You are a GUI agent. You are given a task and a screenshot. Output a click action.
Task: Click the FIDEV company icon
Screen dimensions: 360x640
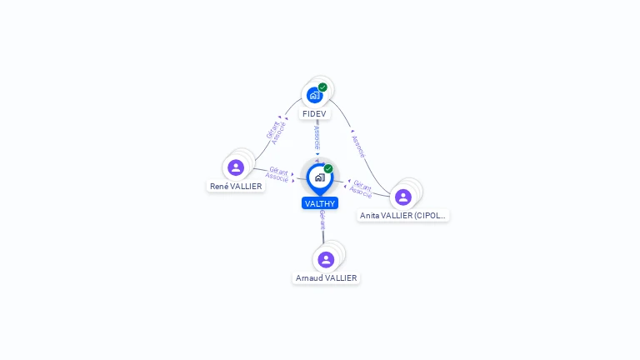coord(314,95)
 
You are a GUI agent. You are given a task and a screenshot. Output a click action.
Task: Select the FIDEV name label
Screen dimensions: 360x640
coord(314,113)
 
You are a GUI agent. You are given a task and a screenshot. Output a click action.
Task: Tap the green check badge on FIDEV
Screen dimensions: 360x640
coord(322,87)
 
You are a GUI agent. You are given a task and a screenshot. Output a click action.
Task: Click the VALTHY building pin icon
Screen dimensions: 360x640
coord(319,177)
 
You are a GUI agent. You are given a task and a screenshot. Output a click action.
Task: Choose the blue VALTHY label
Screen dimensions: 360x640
coord(320,203)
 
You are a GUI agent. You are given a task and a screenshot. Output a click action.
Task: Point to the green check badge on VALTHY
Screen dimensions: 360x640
coord(328,168)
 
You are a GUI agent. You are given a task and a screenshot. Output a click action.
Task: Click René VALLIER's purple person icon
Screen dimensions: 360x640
coord(236,167)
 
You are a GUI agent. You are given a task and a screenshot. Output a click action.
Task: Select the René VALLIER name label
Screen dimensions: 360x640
coord(236,187)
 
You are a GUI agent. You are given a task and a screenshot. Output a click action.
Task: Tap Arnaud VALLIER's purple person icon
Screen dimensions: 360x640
coord(326,259)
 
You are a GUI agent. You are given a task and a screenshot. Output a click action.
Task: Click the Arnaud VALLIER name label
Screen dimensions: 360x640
coord(326,278)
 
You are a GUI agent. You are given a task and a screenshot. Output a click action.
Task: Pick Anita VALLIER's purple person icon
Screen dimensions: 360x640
coord(403,197)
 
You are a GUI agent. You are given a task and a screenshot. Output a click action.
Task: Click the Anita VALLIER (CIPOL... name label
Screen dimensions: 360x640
coord(403,216)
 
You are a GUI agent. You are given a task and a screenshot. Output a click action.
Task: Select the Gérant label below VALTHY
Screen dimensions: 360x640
coord(322,219)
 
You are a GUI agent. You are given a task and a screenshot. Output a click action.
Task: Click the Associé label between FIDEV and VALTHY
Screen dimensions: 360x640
coord(317,137)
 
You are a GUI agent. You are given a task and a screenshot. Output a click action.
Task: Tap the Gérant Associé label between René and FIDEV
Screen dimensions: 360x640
coord(276,132)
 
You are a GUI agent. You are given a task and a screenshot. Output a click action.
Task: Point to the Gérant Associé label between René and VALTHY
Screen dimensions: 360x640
coord(277,174)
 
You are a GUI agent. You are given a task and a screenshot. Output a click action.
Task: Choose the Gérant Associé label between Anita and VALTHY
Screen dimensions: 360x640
coord(362,188)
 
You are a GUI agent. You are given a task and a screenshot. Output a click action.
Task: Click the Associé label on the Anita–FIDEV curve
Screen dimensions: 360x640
coord(357,147)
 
